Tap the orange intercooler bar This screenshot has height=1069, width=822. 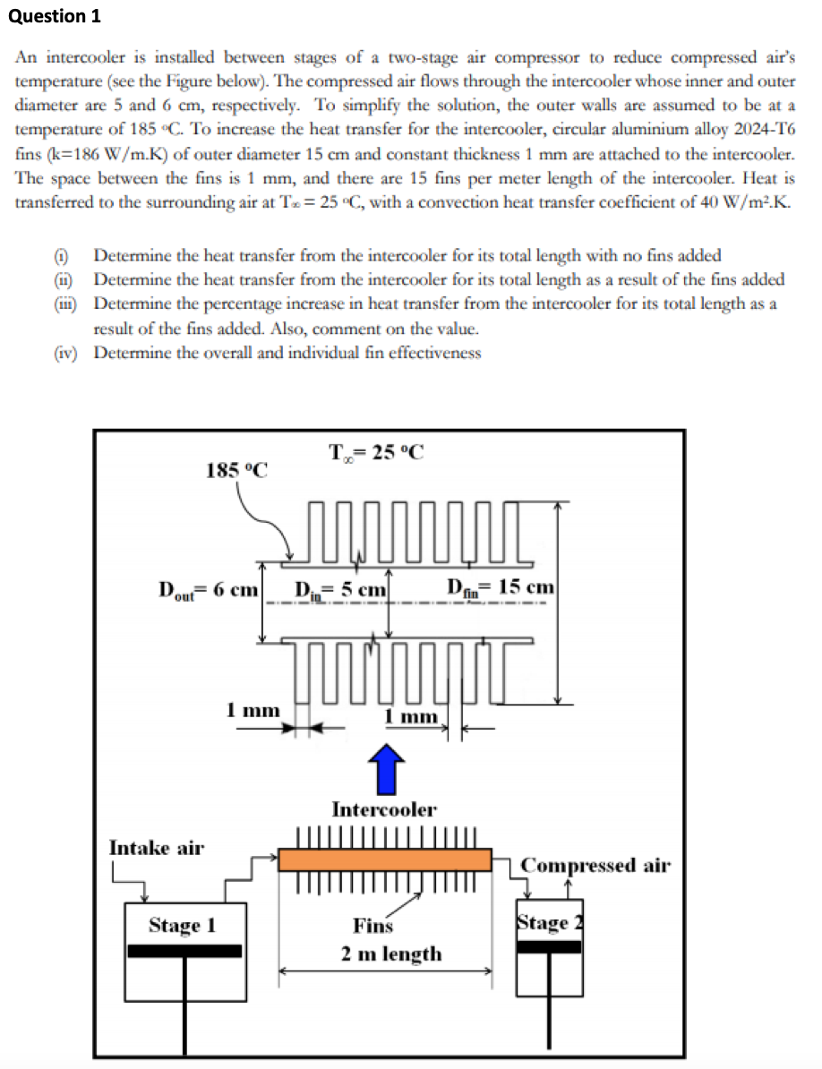[385, 859]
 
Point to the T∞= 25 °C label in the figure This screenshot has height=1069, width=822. [376, 450]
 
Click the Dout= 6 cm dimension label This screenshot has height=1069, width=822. [208, 590]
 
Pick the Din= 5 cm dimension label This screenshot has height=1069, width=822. [340, 590]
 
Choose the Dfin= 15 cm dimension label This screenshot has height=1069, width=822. [501, 588]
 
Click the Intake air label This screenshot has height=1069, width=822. [156, 847]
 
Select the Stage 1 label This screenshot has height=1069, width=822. [183, 925]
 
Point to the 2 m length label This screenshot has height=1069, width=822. [391, 954]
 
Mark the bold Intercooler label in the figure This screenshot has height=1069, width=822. [384, 809]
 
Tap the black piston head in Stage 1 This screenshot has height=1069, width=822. [184, 950]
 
